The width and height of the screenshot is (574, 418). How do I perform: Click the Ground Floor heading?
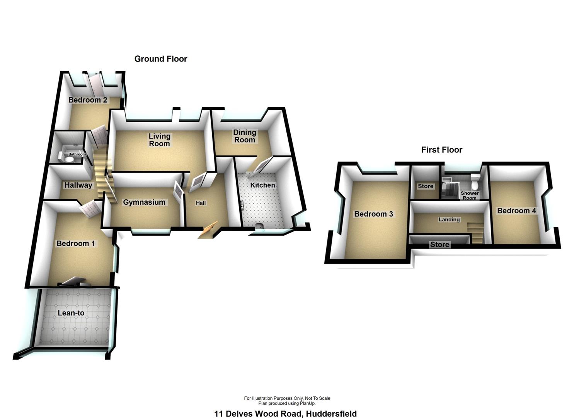pyautogui.click(x=161, y=59)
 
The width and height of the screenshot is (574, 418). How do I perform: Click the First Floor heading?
pyautogui.click(x=441, y=150)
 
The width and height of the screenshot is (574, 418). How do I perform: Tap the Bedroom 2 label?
pyautogui.click(x=88, y=100)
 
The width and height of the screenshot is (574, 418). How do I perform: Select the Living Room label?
pyautogui.click(x=160, y=140)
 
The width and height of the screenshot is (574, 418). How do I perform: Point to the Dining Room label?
pyautogui.click(x=245, y=136)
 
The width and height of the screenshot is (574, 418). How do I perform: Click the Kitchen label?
pyautogui.click(x=262, y=185)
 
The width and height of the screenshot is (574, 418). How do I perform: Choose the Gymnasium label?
pyautogui.click(x=144, y=202)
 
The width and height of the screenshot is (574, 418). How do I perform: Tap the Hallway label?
pyautogui.click(x=78, y=185)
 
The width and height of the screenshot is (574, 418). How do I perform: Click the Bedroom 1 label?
pyautogui.click(x=76, y=243)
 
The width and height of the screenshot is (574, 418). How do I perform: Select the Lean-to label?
pyautogui.click(x=71, y=313)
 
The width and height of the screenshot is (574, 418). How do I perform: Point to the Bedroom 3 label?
pyautogui.click(x=373, y=214)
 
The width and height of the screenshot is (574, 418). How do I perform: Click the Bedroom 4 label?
pyautogui.click(x=516, y=211)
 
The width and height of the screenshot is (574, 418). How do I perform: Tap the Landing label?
pyautogui.click(x=449, y=219)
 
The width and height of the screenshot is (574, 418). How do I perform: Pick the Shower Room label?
pyautogui.click(x=470, y=195)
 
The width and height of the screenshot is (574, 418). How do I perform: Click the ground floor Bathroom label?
pyautogui.click(x=77, y=154)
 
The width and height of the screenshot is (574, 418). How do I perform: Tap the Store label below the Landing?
pyautogui.click(x=440, y=245)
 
